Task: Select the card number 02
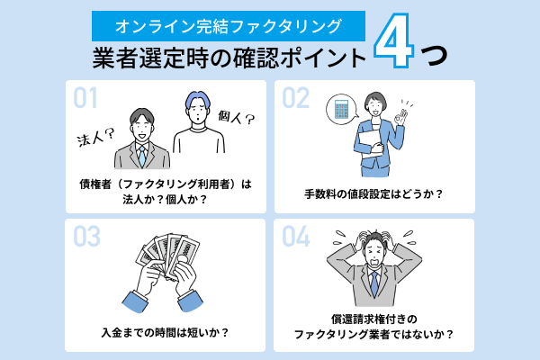297,97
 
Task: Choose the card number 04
297,235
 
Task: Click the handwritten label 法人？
94,137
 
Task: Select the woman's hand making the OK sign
411,118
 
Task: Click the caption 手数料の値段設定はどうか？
373,193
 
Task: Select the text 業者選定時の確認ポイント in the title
230,57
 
